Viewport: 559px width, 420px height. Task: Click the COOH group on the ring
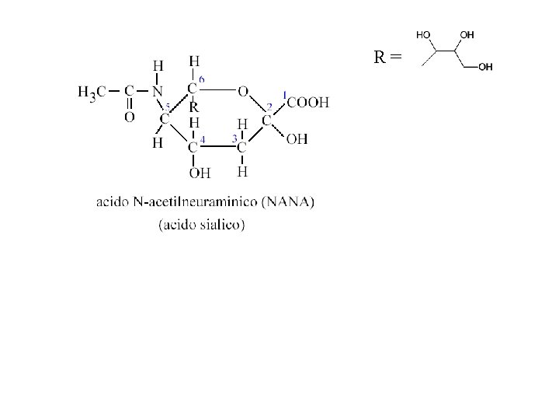[308, 101]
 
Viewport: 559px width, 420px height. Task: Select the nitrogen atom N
[157, 91]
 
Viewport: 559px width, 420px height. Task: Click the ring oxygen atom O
[243, 91]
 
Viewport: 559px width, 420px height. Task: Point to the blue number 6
[202, 80]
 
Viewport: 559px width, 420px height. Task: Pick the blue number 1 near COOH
[284, 92]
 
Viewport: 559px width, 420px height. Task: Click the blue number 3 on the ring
[234, 138]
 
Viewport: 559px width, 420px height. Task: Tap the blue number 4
[202, 138]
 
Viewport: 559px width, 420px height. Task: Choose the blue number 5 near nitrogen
[167, 107]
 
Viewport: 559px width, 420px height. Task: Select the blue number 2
[269, 107]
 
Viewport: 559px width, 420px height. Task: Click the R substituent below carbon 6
[194, 108]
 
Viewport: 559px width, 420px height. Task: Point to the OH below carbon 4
[200, 173]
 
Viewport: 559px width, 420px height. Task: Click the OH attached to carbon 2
[296, 139]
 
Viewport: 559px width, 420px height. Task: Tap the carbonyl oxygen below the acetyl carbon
[129, 117]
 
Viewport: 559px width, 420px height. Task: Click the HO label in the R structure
[425, 35]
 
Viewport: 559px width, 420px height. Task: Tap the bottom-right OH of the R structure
[485, 68]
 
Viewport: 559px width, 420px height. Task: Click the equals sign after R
[397, 57]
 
